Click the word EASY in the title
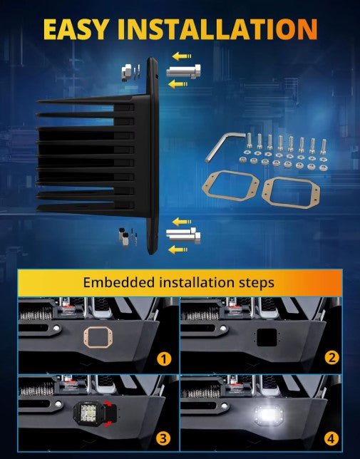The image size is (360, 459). [x=76, y=29]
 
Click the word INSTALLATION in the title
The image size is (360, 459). [x=217, y=29]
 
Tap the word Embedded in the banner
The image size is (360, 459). [x=118, y=282]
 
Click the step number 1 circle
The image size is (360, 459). [x=164, y=359]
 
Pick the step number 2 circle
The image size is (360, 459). [x=331, y=358]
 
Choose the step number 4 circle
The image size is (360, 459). [x=331, y=438]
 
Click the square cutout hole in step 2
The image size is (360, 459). [x=267, y=337]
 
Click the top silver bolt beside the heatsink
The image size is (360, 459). [x=183, y=71]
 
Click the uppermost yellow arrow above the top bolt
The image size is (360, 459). [x=182, y=56]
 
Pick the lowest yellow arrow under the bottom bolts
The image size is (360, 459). [x=178, y=249]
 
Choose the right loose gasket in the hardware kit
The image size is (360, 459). [x=291, y=192]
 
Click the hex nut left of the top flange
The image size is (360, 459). [x=127, y=73]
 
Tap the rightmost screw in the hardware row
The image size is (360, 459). [x=324, y=146]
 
